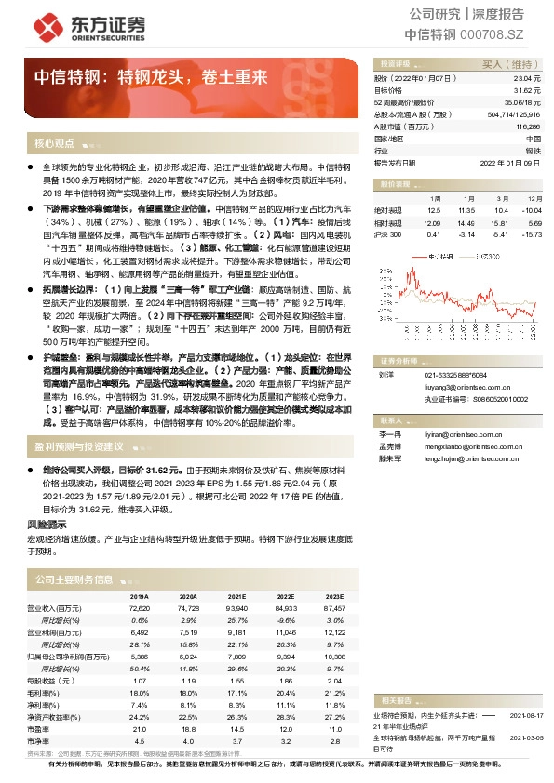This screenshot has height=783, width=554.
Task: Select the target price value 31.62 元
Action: tap(528, 91)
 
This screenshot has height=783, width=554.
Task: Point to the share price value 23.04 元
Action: tap(528, 81)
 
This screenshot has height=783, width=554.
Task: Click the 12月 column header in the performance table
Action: tap(534, 199)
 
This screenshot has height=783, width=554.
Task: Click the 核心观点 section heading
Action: tap(54, 144)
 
